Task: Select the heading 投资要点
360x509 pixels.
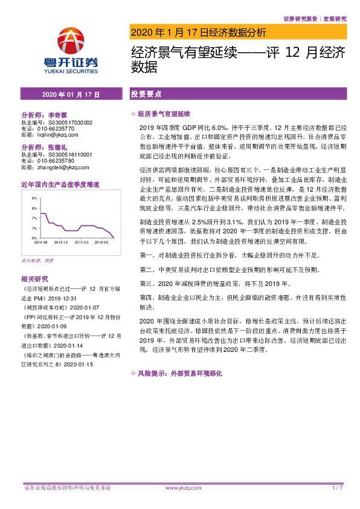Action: [146, 95]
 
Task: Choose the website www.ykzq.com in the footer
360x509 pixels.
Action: [179, 487]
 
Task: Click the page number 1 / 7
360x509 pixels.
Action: [338, 487]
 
